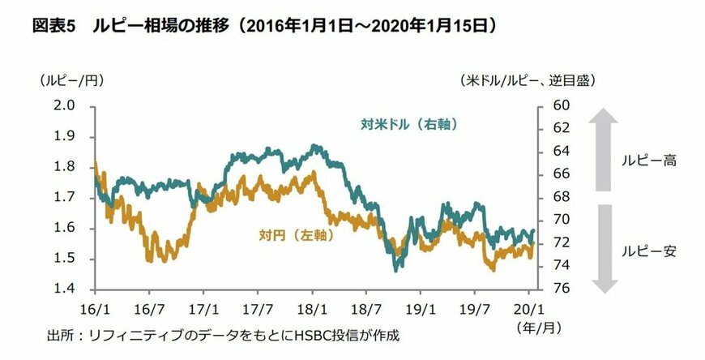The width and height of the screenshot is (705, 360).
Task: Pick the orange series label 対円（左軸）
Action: [x=296, y=236]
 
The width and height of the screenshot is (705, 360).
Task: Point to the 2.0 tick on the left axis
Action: [x=65, y=105]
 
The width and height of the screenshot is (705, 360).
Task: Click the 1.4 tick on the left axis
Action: [x=65, y=289]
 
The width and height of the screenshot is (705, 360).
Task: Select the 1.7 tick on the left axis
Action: [x=65, y=197]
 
